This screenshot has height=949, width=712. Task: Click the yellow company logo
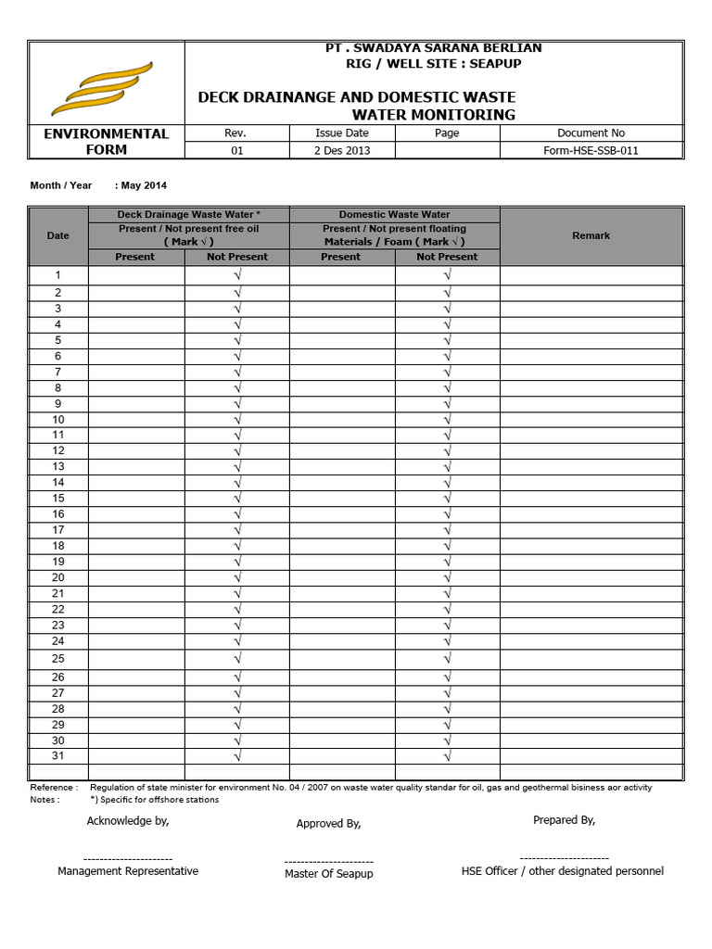click(102, 87)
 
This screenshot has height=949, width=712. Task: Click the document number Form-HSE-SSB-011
click(591, 151)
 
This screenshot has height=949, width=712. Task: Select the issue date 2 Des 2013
click(342, 151)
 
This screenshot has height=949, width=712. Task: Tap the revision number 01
click(236, 151)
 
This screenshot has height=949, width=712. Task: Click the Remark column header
click(591, 235)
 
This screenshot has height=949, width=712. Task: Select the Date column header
click(57, 235)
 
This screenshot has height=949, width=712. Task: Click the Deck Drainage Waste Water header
click(189, 214)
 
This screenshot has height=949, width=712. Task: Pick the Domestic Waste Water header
click(394, 214)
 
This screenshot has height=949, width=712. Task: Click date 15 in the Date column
click(57, 498)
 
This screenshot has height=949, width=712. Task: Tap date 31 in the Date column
click(57, 756)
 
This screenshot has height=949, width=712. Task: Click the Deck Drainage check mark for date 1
click(237, 275)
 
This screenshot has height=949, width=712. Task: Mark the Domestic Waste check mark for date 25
click(447, 658)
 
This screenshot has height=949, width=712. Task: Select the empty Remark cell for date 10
click(591, 419)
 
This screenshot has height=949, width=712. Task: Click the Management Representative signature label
click(128, 871)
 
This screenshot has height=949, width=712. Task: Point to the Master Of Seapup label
click(329, 874)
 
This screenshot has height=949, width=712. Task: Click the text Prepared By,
click(564, 820)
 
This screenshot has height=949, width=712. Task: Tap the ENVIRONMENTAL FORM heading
click(107, 142)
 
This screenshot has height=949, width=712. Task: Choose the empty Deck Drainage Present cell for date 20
click(135, 577)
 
